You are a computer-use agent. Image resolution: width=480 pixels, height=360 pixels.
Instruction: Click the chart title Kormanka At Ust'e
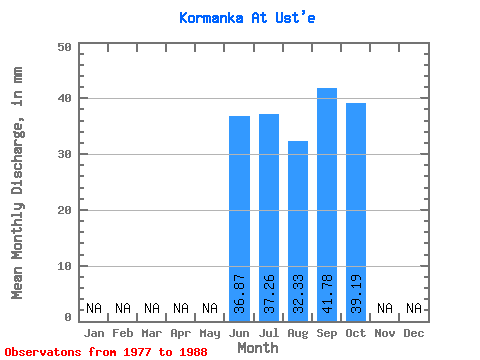coord(247,18)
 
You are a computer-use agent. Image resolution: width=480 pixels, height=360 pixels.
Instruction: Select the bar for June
coord(239,219)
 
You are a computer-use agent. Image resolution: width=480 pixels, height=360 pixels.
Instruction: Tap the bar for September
coord(327,205)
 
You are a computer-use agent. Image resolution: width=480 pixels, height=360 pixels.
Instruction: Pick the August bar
coord(298,231)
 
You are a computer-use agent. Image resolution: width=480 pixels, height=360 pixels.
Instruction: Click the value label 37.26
coord(269,294)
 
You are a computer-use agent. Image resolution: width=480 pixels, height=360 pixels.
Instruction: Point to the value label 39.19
coord(356,294)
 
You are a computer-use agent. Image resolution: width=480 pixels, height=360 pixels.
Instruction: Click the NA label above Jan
coord(94,308)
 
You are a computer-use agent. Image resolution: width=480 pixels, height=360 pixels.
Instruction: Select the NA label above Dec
coord(414,308)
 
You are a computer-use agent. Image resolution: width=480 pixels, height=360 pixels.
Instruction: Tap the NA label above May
coord(210,308)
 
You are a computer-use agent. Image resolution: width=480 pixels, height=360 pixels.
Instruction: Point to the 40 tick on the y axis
coord(64,98)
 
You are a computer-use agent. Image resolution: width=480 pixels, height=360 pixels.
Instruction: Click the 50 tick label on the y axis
coord(64,47)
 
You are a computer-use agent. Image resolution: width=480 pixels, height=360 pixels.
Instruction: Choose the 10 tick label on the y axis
coord(64,266)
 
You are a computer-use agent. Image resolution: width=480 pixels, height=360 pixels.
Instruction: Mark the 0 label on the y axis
coord(68,317)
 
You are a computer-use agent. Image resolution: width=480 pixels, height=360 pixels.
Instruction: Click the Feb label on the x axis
coord(123,333)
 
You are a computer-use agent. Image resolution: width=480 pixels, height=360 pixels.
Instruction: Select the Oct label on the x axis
coord(356,333)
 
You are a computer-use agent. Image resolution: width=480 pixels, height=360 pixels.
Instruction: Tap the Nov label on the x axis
coord(385,333)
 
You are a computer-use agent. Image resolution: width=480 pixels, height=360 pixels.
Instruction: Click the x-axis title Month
coord(258,348)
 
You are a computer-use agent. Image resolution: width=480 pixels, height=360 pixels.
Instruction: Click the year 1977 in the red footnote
coord(137,352)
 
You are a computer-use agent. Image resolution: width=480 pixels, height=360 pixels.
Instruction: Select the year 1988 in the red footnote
coord(193,352)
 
